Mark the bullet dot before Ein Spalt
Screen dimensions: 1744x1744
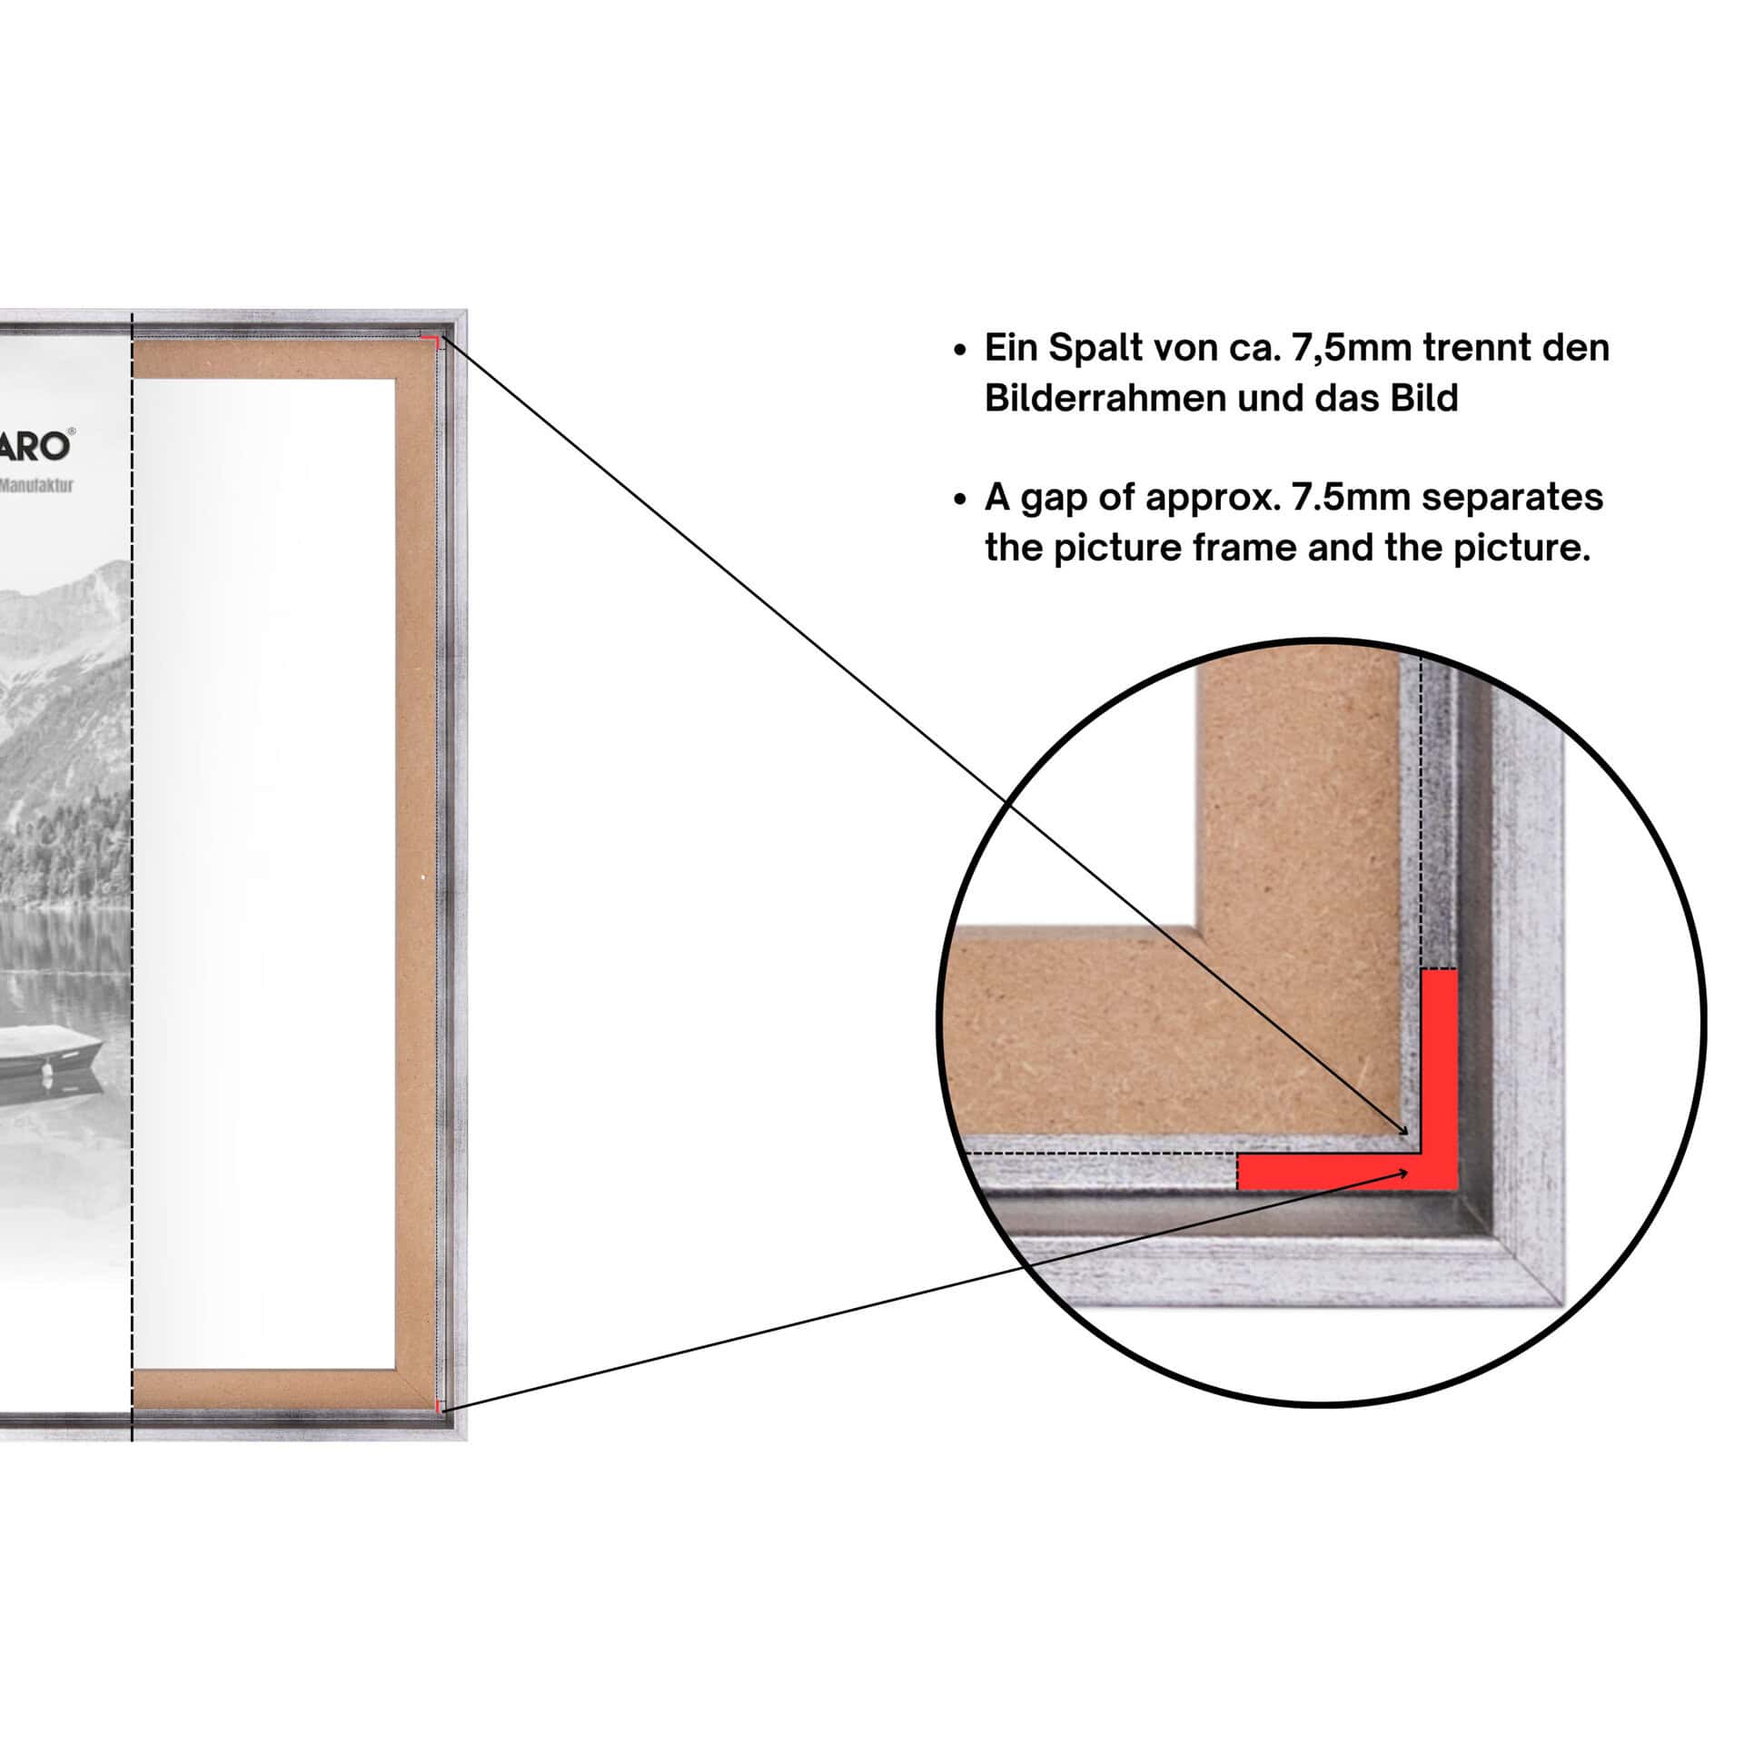point(960,351)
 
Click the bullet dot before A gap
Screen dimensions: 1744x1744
point(960,500)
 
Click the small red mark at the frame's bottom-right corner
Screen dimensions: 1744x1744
point(438,1407)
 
